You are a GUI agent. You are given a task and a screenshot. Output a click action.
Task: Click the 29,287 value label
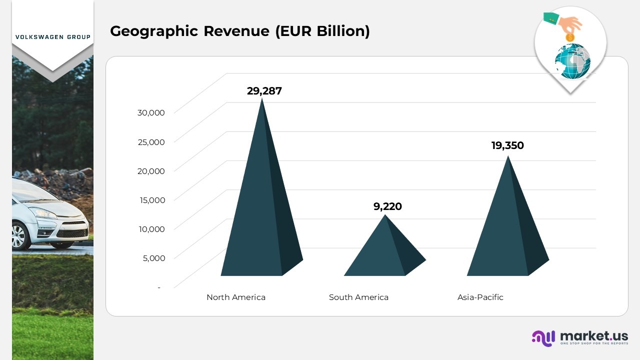click(x=264, y=91)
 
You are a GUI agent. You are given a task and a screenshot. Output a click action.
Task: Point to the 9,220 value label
click(x=387, y=206)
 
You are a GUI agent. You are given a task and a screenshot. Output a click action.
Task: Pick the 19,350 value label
click(x=507, y=145)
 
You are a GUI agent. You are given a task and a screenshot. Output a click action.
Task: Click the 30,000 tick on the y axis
click(x=151, y=112)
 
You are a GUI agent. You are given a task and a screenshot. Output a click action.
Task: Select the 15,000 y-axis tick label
click(x=151, y=200)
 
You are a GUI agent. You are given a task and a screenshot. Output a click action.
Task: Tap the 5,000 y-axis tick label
click(x=153, y=258)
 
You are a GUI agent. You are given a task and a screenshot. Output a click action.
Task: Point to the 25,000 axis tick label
click(x=151, y=142)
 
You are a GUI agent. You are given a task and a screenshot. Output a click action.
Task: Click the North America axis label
click(x=236, y=297)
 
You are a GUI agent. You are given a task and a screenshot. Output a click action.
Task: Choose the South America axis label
click(x=358, y=297)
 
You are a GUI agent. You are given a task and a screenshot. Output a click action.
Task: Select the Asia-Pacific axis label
click(x=480, y=297)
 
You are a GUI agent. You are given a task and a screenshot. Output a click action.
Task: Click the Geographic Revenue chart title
click(x=240, y=31)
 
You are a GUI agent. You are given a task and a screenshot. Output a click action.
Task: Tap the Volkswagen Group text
click(x=53, y=37)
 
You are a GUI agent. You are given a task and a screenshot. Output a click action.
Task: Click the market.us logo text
click(x=593, y=336)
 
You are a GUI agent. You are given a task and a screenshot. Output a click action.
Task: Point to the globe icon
click(x=572, y=62)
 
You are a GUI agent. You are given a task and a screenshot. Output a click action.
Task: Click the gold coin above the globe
click(x=569, y=37)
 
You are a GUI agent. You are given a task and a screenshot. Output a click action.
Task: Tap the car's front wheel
click(x=19, y=235)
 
